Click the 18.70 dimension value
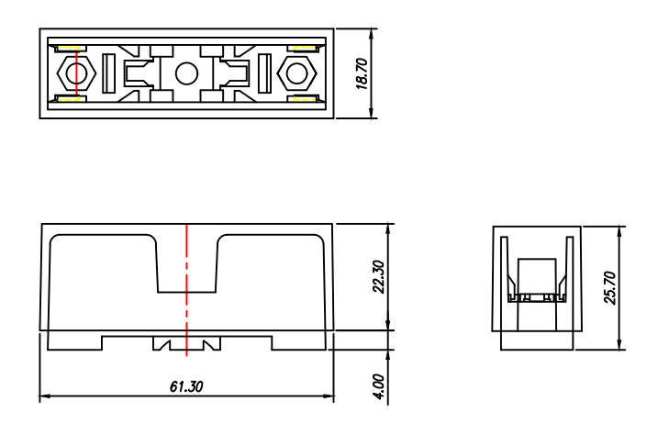pos(362,73)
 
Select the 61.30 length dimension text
pos(186,386)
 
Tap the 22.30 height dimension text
pos(378,277)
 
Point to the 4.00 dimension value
pos(378,386)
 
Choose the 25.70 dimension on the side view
pos(610,288)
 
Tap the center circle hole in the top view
pos(186,73)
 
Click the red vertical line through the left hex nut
pos(77,73)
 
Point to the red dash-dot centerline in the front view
pos(186,290)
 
